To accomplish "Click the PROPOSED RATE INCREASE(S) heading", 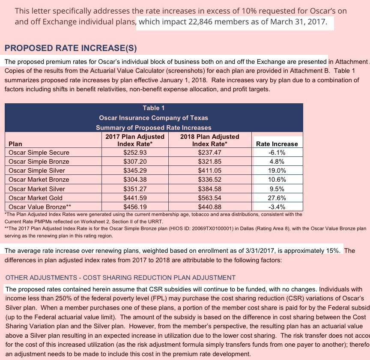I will tap(70, 48).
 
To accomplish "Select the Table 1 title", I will tap(154, 108).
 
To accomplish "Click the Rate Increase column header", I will tap(277, 144).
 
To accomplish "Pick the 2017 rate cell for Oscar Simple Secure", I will tap(135, 152).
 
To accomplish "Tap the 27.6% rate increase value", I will tap(277, 198).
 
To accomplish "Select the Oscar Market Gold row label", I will tap(36, 198).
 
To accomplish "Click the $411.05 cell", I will tap(209, 171).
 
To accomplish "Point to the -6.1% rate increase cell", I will tap(277, 152).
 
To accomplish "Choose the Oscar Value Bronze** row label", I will tap(40, 207).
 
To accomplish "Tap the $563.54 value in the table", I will tap(209, 198).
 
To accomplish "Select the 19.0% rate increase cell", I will tap(277, 171).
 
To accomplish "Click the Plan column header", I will tap(15, 144).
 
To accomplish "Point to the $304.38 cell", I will tap(135, 180).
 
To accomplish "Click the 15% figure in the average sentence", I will tap(334, 251).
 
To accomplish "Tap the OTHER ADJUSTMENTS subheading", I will tap(120, 277).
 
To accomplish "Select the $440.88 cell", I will tap(209, 207).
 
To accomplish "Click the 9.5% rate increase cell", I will tap(277, 189).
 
